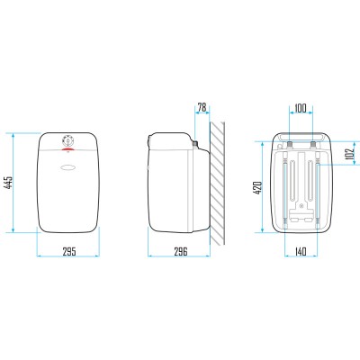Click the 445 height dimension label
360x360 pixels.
pos(8,183)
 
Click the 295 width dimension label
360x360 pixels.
pos(69,251)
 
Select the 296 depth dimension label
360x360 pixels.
pos(181,251)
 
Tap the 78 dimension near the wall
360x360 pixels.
pos(202,107)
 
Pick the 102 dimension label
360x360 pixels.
pos(350,155)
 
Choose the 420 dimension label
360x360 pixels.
pos(258,188)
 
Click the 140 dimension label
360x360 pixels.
pos(300,251)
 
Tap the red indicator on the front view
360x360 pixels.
pos(68,148)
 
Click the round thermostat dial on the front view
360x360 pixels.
pos(68,140)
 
